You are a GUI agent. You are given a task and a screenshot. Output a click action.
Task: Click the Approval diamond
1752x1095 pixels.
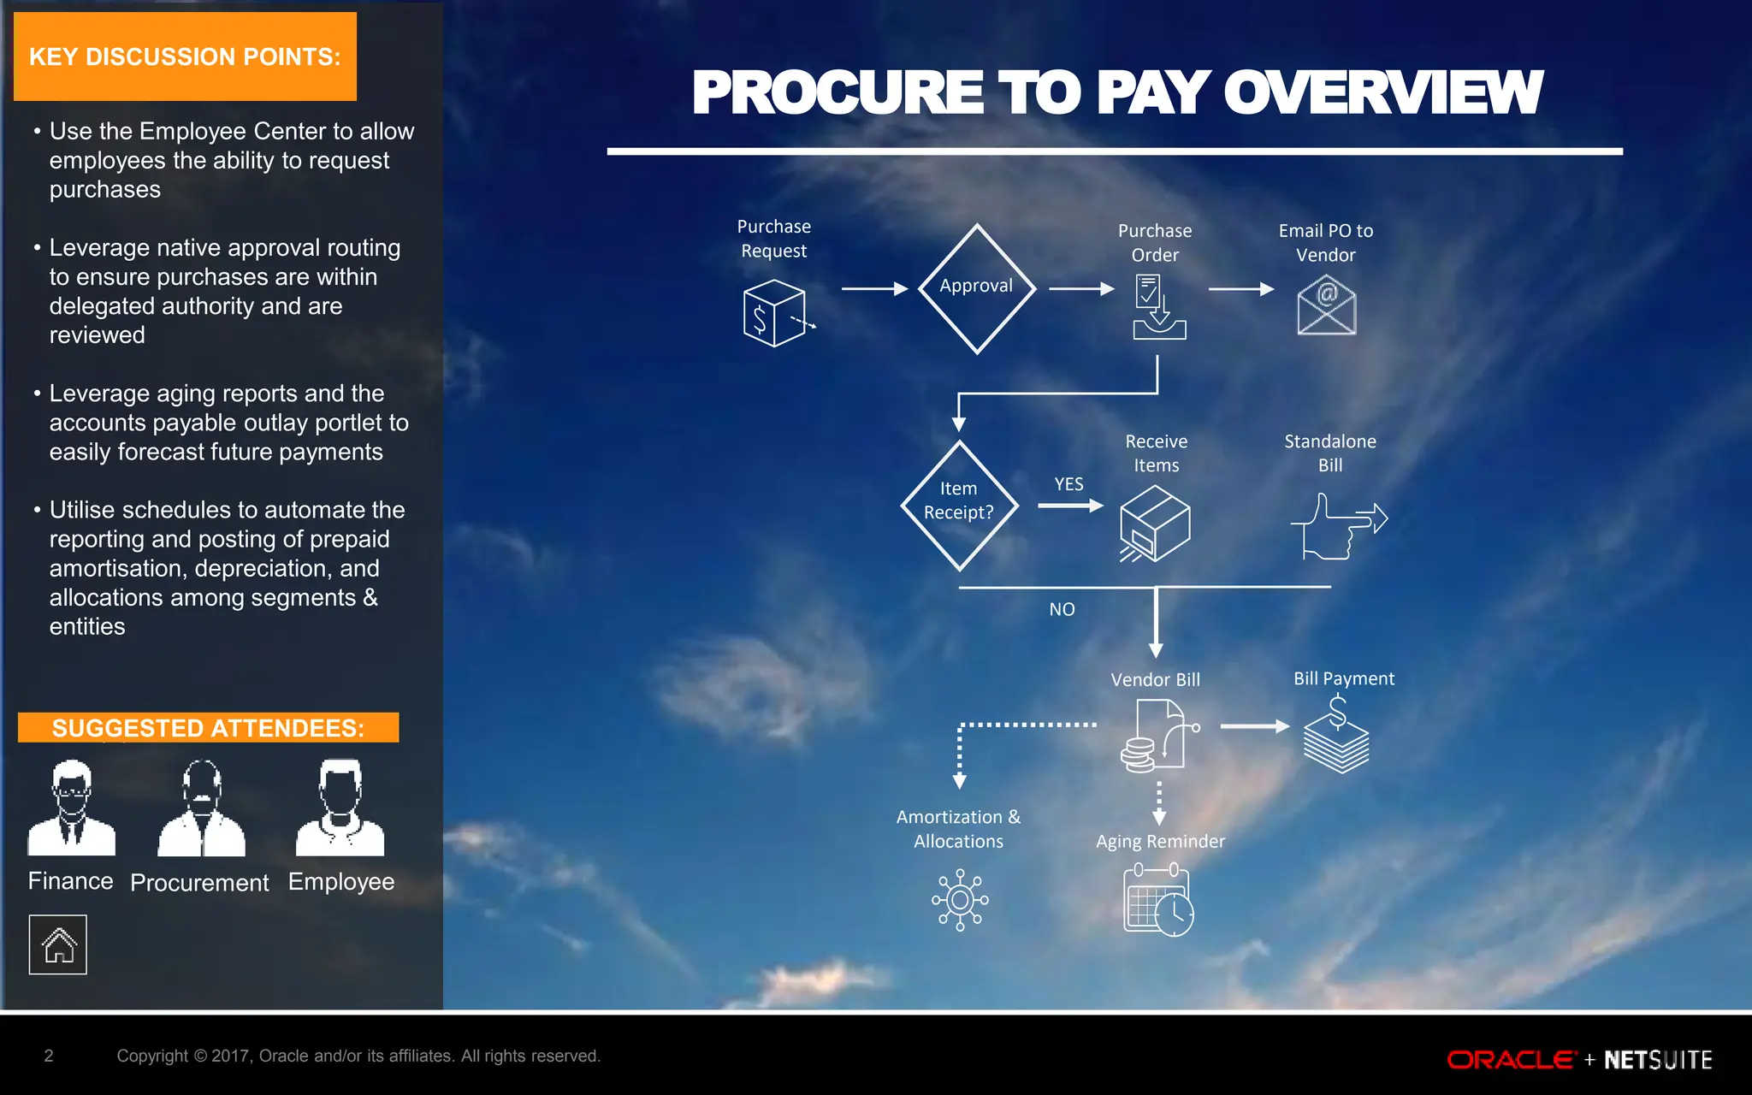976,288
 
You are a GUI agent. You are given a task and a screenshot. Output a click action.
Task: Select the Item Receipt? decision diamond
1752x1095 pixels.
959,505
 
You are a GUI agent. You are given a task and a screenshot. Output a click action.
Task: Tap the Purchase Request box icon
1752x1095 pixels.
775,314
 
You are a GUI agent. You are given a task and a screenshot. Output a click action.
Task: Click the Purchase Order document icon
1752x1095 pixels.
1157,306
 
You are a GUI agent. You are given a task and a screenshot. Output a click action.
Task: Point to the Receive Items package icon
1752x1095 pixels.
1155,523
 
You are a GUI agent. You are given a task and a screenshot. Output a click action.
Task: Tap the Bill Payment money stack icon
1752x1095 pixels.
1336,735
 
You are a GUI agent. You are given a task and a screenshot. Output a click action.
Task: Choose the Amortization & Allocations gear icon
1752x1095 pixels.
959,900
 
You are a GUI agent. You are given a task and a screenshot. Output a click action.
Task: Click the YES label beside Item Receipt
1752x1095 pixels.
1068,484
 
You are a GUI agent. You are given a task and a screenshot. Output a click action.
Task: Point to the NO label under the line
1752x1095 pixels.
1062,609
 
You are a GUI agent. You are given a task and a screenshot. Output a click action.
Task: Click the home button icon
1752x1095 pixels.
58,944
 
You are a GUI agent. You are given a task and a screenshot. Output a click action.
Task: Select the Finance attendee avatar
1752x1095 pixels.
71,808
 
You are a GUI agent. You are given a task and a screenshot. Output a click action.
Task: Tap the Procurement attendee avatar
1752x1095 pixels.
202,808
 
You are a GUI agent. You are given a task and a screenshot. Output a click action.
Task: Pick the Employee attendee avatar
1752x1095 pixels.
340,808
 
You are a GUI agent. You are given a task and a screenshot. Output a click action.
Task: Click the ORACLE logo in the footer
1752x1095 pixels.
1511,1060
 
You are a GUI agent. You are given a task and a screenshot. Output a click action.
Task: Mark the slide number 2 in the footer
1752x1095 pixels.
49,1056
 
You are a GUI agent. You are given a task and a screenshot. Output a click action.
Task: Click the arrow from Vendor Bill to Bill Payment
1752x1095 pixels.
1254,726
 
